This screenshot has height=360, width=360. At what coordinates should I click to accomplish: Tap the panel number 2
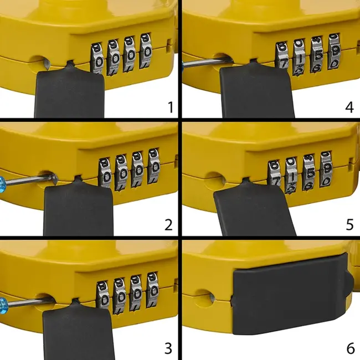(168, 225)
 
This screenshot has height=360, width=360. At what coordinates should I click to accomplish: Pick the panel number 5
(349, 225)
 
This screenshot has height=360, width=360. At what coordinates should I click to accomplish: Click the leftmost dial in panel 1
(98, 58)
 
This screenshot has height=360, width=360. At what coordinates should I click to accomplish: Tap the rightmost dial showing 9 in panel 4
(334, 51)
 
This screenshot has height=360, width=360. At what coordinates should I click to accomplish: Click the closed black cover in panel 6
(288, 294)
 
